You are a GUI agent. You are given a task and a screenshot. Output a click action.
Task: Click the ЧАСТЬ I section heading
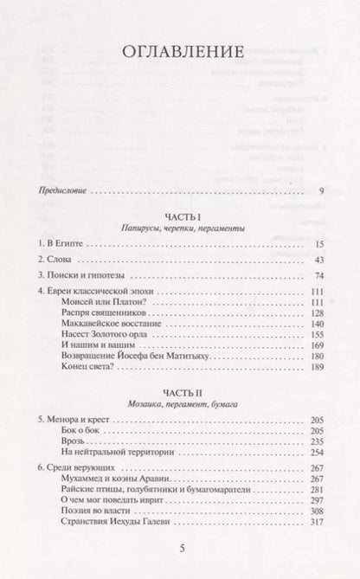(180, 216)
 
